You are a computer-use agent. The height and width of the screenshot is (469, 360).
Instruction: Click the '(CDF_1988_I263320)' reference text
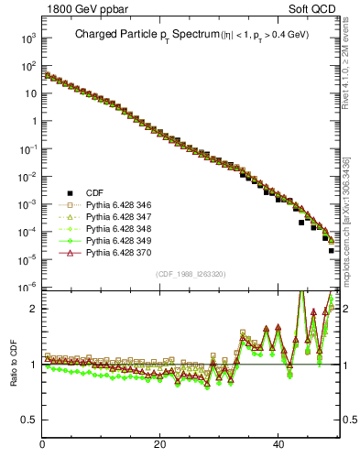[191, 274]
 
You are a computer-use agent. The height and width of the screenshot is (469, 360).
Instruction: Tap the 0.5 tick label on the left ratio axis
[29, 420]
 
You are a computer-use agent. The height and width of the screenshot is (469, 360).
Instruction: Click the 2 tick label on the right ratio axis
[347, 309]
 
